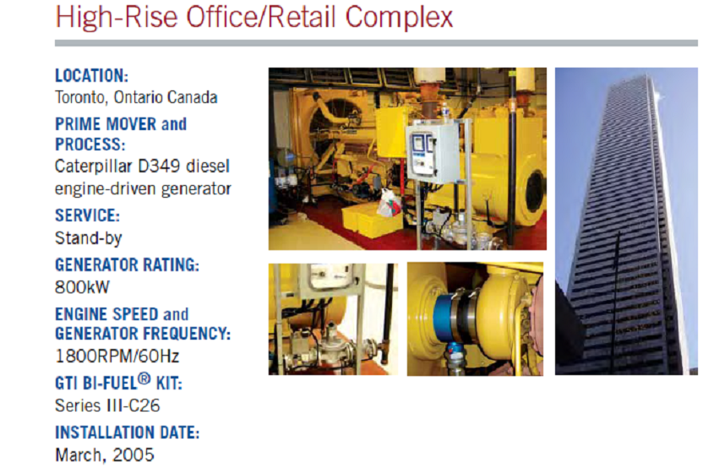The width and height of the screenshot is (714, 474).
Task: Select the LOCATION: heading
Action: (x=91, y=75)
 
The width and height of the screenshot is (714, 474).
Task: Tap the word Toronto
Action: (x=81, y=97)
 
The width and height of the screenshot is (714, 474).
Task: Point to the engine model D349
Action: (x=160, y=166)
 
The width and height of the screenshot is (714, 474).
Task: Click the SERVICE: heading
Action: (x=87, y=215)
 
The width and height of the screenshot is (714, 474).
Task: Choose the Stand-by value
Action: (x=89, y=238)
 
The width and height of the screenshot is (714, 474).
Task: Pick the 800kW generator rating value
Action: (x=83, y=287)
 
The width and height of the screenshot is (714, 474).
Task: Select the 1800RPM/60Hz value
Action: (x=117, y=356)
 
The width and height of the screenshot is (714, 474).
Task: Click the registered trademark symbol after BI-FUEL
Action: (x=144, y=379)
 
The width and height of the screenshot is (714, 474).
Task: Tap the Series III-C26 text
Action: (x=107, y=406)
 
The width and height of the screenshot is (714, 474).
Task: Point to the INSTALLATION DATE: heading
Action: (x=127, y=433)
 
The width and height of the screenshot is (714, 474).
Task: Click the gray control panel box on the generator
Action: (x=432, y=153)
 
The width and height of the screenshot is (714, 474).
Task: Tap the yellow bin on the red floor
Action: (x=372, y=221)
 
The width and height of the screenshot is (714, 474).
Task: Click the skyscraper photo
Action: (x=626, y=221)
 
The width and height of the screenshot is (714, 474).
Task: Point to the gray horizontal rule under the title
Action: (x=376, y=43)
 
